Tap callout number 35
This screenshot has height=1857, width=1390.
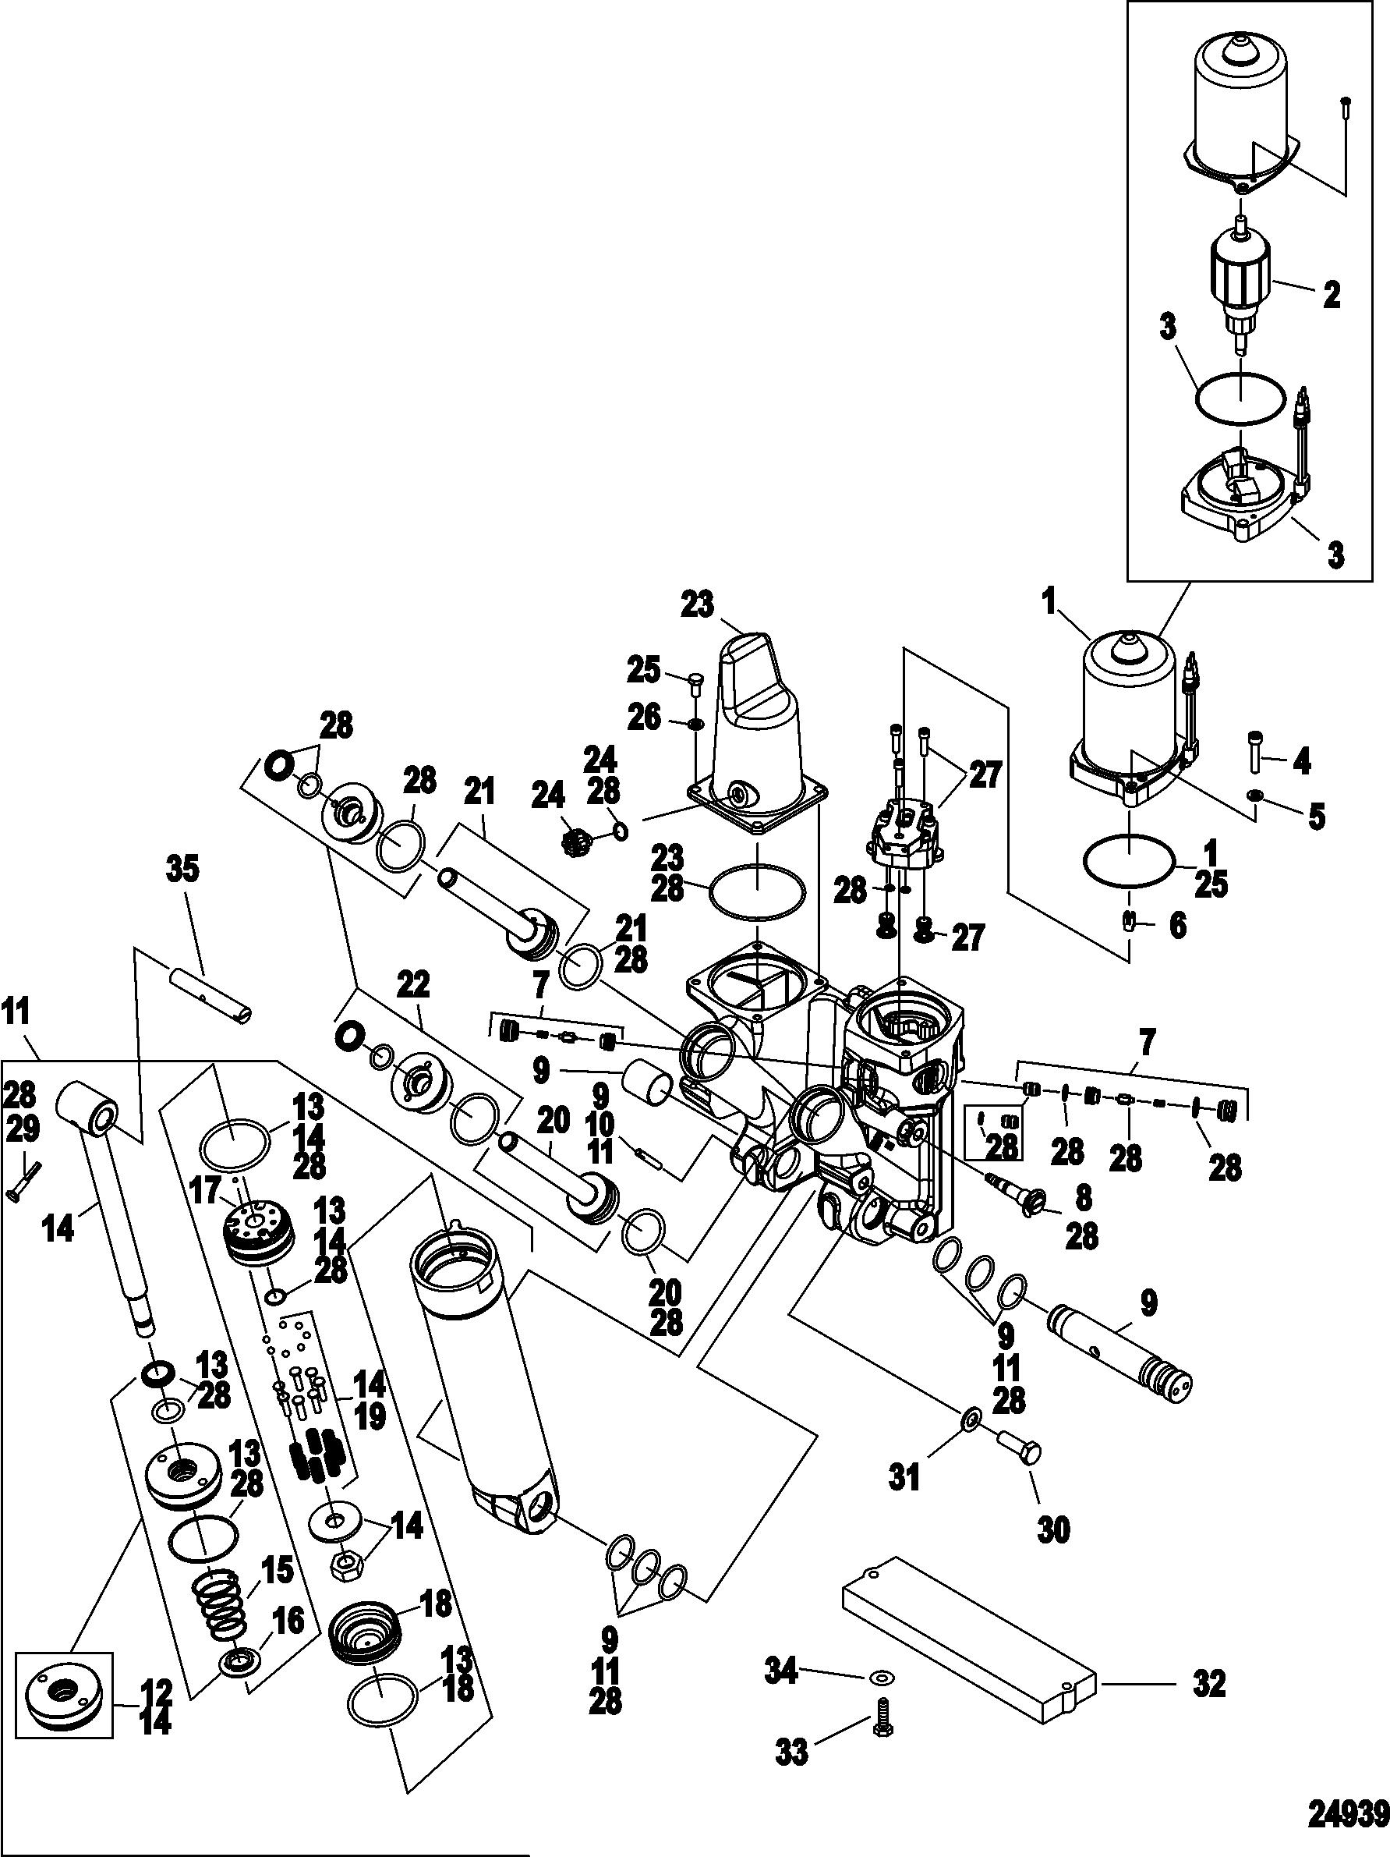click(x=183, y=870)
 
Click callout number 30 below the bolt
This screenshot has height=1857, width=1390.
click(x=1054, y=1530)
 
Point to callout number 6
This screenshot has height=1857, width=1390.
click(x=1178, y=926)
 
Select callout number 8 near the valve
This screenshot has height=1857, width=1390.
click(x=1083, y=1198)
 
